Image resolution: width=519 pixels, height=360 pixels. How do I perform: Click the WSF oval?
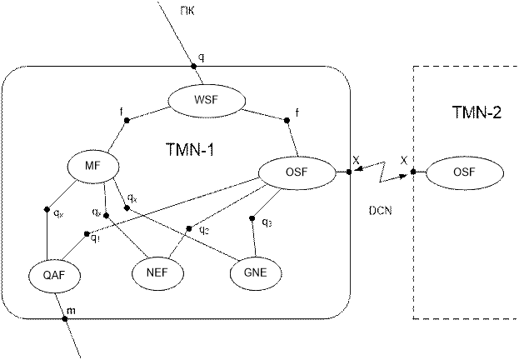207,102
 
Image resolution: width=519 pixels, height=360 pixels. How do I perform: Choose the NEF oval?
157,272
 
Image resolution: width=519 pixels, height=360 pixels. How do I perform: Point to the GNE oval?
256,272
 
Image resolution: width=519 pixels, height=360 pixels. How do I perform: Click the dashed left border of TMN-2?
414,250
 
